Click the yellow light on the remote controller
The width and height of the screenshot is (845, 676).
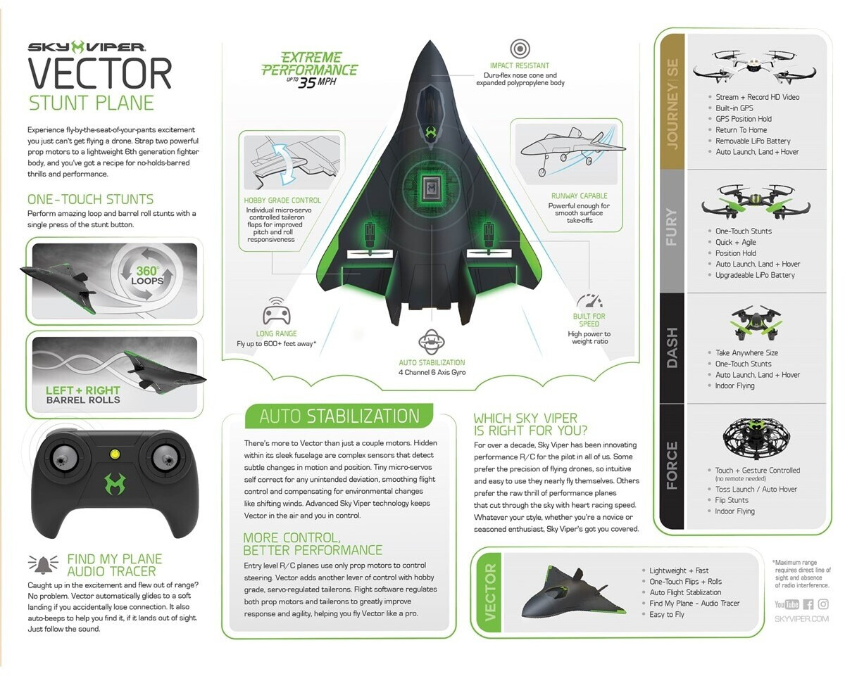pos(114,454)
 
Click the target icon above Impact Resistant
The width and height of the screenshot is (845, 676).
pos(520,49)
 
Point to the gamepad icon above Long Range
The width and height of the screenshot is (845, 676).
pos(277,312)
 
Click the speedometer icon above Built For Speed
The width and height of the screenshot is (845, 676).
pos(589,300)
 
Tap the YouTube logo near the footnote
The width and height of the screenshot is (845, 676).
pos(787,604)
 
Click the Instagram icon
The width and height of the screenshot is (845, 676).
pos(823,604)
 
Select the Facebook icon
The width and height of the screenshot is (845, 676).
pos(808,604)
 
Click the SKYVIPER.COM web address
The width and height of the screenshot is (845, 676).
pos(801,619)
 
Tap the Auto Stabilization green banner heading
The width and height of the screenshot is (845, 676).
pos(339,416)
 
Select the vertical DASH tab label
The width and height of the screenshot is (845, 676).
pos(672,347)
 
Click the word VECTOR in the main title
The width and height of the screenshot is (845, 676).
pos(100,73)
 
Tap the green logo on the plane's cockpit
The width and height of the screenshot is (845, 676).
pos(430,132)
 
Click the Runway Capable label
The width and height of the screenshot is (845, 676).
pos(579,196)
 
